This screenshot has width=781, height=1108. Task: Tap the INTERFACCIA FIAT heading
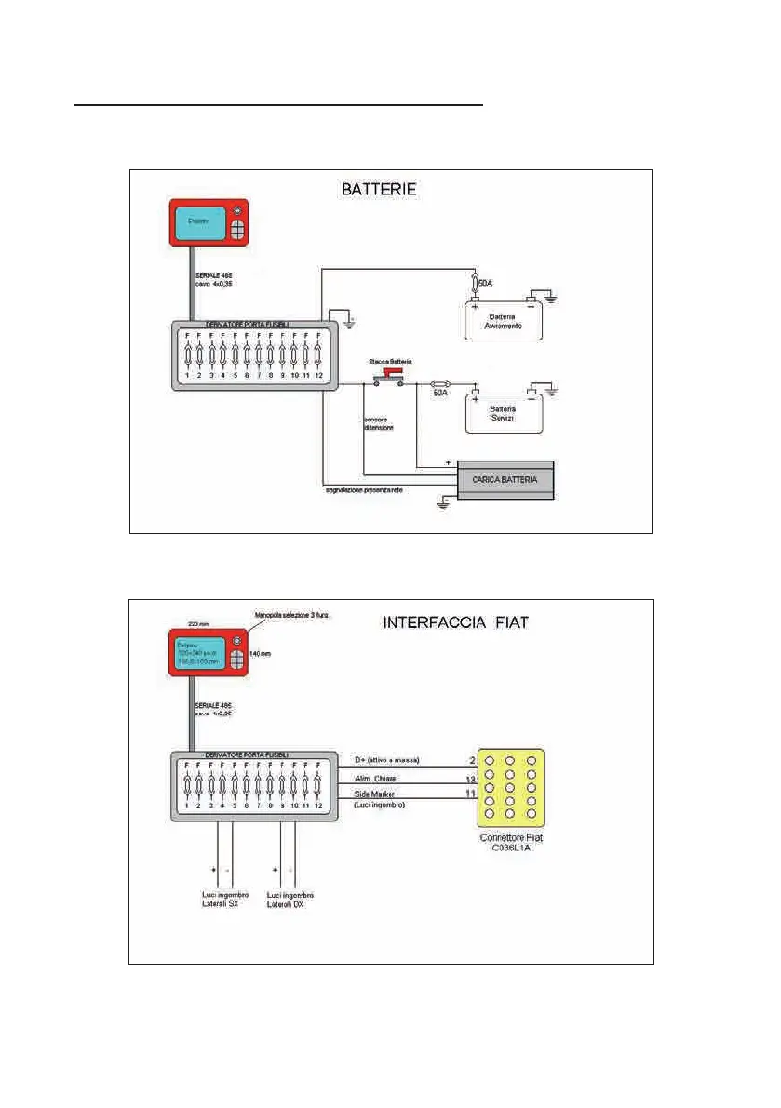[x=456, y=621]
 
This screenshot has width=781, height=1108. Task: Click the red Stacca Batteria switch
[x=389, y=373]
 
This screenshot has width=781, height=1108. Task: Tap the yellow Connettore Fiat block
[x=509, y=787]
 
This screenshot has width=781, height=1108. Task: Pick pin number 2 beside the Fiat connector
[x=472, y=760]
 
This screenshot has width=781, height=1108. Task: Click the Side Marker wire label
[x=373, y=794]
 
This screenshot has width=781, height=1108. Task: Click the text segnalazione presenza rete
[x=364, y=490]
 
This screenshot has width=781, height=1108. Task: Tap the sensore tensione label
[x=379, y=424]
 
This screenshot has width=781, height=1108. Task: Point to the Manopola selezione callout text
[x=294, y=614]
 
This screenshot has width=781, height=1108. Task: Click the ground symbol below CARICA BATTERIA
[x=445, y=503]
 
